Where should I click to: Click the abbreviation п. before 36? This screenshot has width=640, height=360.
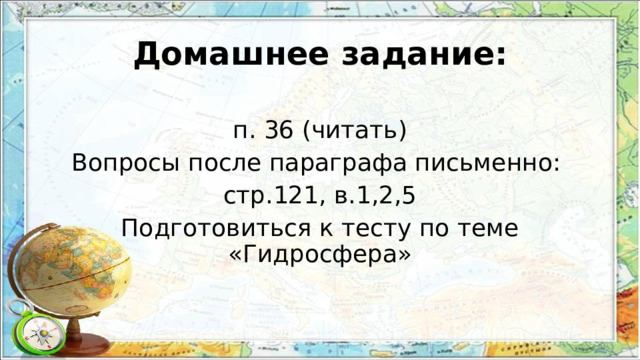click(244, 132)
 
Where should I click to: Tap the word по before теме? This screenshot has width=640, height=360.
click(435, 228)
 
